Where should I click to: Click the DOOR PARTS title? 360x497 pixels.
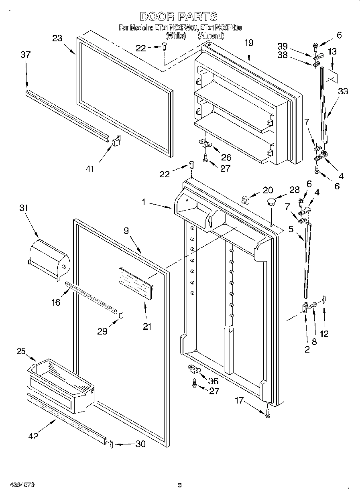click(x=179, y=16)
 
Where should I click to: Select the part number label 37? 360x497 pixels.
click(x=25, y=54)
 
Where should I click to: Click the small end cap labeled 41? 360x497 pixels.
click(x=117, y=141)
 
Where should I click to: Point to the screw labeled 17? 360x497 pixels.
click(x=268, y=413)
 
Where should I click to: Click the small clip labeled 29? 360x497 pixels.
click(x=122, y=313)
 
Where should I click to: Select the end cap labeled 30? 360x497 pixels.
click(x=111, y=444)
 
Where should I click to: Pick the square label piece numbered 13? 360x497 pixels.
click(x=332, y=75)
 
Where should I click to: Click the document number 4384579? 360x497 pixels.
click(x=18, y=485)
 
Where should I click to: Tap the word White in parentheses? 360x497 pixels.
click(x=176, y=36)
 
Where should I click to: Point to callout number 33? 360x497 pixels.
click(x=343, y=91)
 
